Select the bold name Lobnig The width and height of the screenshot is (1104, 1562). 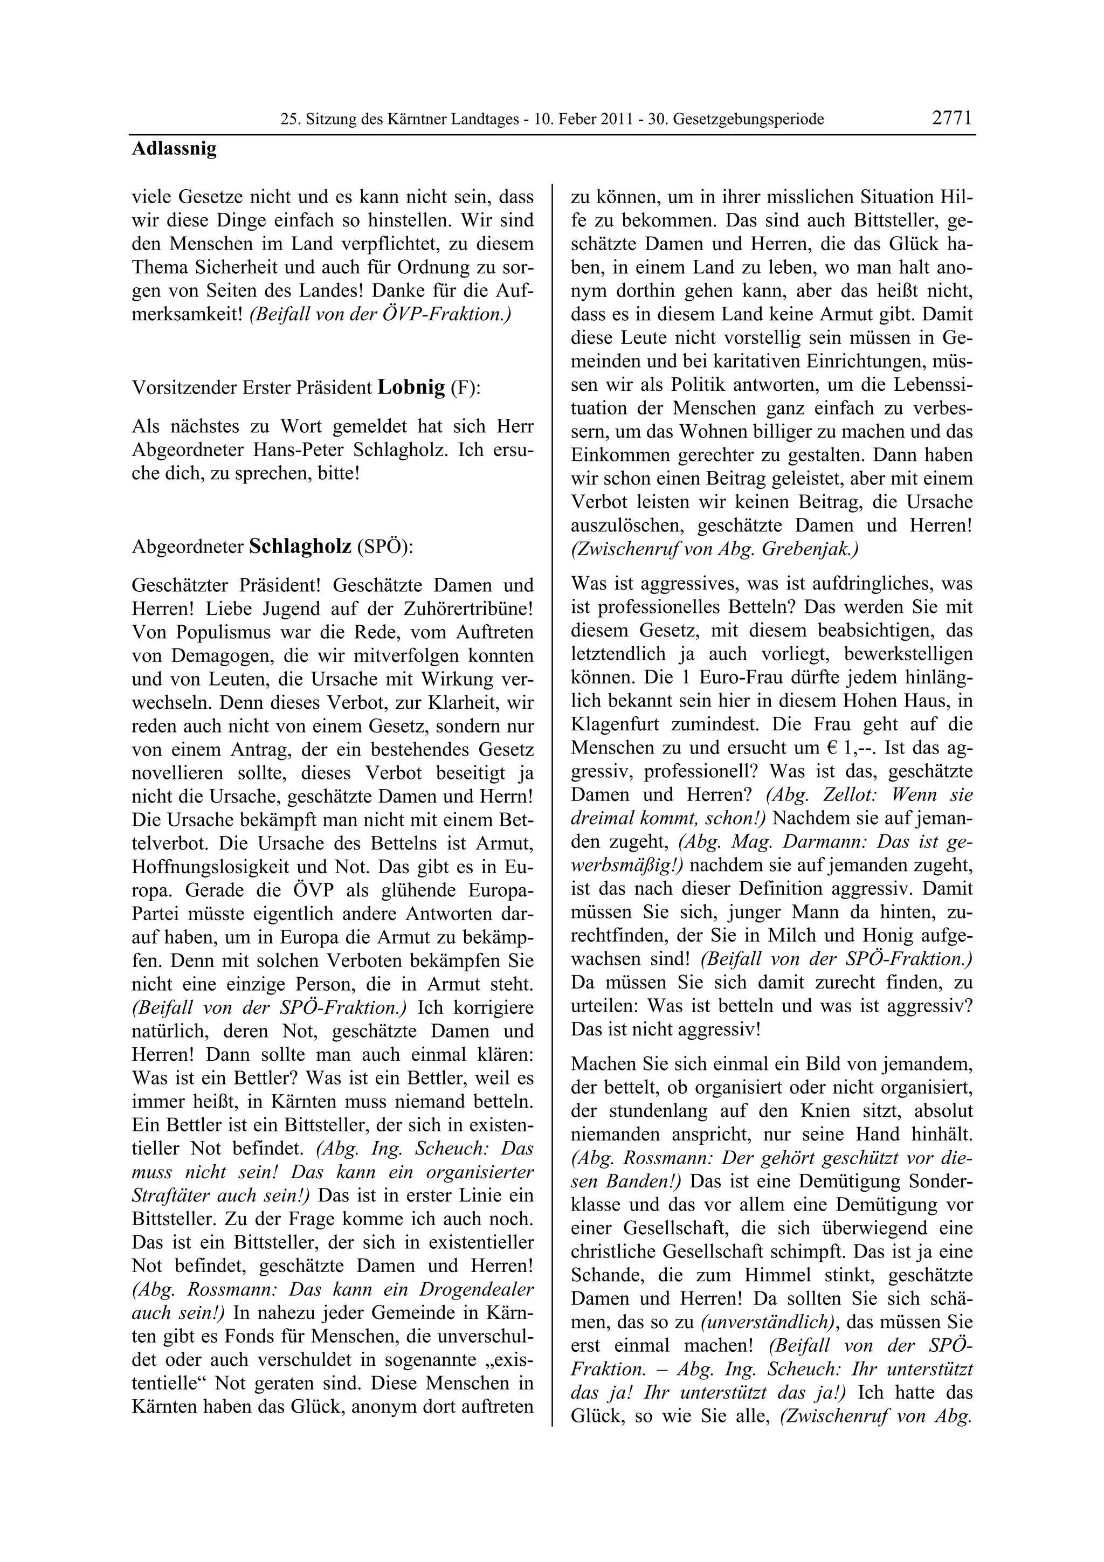click(x=411, y=387)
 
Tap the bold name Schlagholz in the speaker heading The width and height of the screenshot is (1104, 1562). click(x=300, y=547)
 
